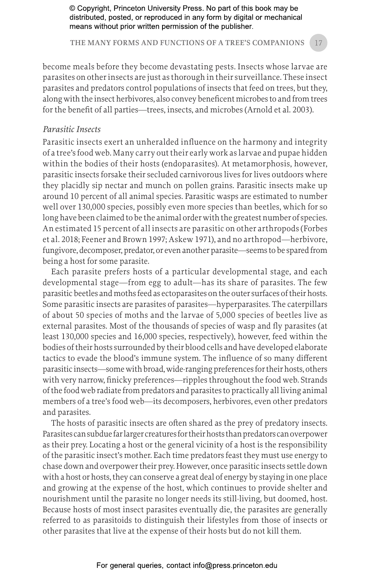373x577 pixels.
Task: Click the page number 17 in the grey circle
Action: coord(318,43)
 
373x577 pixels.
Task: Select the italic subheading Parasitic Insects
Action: coord(72,129)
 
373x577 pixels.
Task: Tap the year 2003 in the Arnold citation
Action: coord(304,110)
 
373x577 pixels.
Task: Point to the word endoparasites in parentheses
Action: coord(190,164)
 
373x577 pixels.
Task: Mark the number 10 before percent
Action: coord(74,196)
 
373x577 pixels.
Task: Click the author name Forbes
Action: coord(315,228)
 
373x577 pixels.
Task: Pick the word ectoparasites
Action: coord(184,293)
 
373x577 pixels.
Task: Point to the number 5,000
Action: coord(225,315)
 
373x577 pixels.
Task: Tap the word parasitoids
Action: coord(117,520)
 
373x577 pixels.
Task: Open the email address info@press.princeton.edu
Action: coord(235,565)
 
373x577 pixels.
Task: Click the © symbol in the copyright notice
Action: coord(72,8)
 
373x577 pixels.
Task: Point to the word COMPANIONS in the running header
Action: coord(278,43)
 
